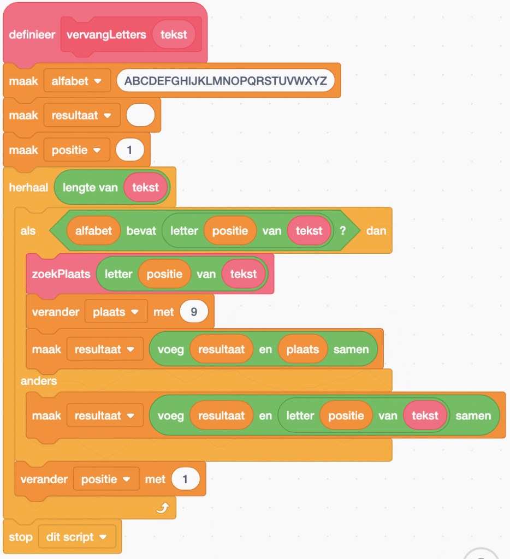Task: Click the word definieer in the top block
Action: coord(32,34)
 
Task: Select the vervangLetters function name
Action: coord(106,34)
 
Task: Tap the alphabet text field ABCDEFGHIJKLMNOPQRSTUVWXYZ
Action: coord(225,81)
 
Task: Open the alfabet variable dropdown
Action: coord(77,81)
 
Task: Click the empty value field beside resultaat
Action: coord(140,115)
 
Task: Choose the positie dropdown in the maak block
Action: coord(77,150)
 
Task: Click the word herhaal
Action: coord(28,187)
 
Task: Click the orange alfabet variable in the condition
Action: coord(93,230)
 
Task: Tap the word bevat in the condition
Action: coord(141,230)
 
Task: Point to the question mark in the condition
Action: coord(343,230)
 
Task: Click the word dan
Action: coord(376,230)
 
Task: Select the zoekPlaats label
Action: coord(61,273)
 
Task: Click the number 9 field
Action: coord(194,312)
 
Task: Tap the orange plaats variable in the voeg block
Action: coord(303,349)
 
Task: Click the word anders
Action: coord(39,380)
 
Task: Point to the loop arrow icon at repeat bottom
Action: coord(162,509)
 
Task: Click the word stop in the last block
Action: coord(21,537)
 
